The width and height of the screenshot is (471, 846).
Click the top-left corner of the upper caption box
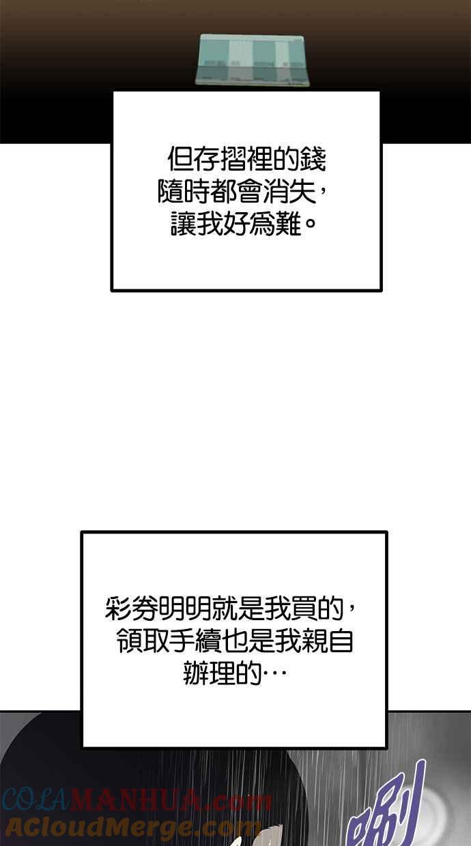point(111,91)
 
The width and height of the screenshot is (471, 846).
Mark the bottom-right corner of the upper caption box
point(382,291)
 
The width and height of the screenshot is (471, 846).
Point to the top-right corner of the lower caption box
point(387,531)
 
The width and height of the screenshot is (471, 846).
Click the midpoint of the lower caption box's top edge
point(234,531)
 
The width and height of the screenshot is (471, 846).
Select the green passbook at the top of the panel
point(252,59)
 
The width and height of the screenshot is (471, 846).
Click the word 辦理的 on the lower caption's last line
point(223,673)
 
